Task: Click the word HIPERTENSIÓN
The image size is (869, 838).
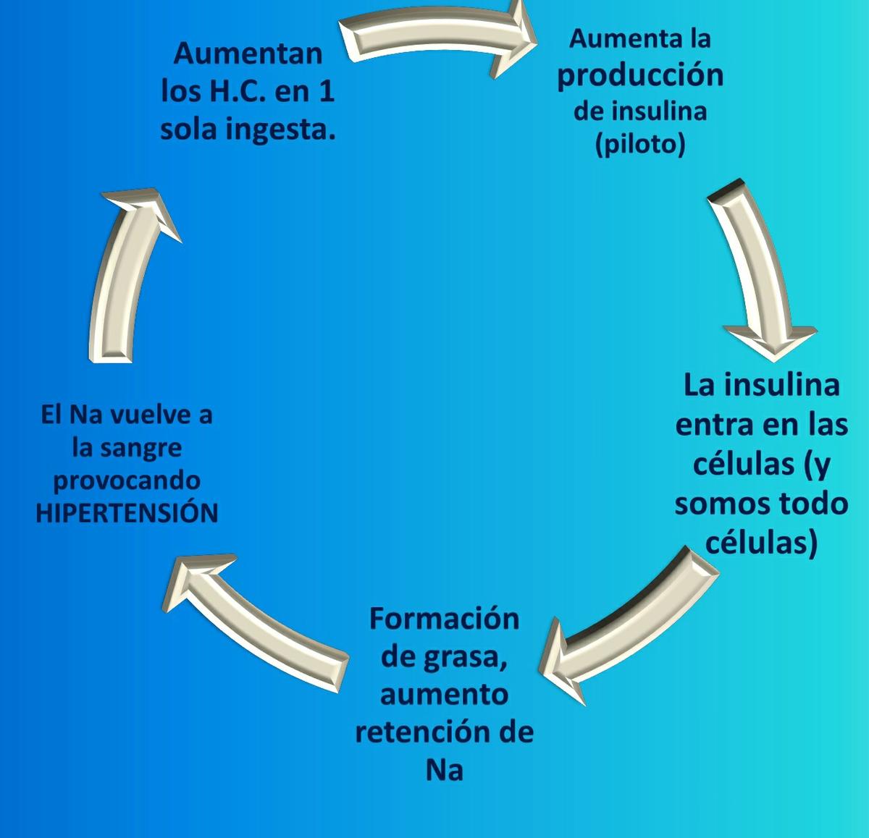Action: click(x=127, y=512)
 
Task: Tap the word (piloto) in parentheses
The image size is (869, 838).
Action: click(x=639, y=144)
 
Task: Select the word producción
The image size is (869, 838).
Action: click(x=640, y=75)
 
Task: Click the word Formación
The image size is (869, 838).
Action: click(x=444, y=619)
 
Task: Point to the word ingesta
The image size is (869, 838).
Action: click(x=287, y=130)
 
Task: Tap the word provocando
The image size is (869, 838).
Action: click(x=127, y=481)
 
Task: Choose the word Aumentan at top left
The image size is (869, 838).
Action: click(x=248, y=53)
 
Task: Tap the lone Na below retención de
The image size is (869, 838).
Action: click(x=444, y=770)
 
